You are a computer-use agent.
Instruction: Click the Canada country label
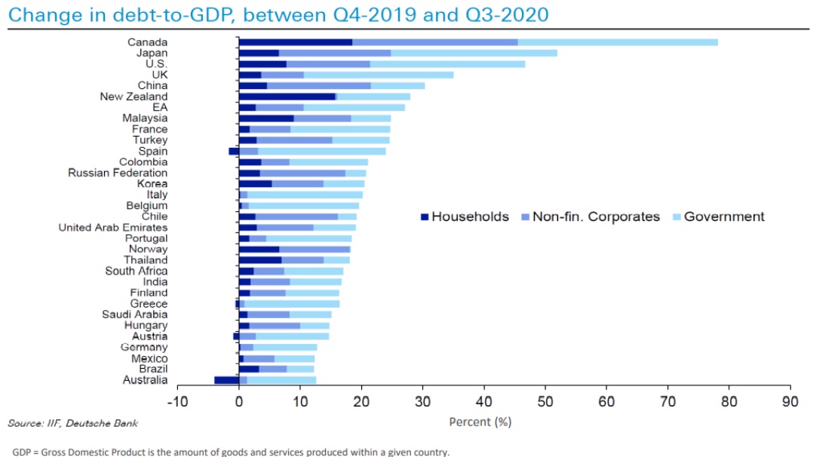click(147, 42)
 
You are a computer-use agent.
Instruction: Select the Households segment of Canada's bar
click(296, 42)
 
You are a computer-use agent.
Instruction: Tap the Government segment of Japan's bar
click(474, 53)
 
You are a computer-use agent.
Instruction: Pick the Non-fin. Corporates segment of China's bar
click(318, 86)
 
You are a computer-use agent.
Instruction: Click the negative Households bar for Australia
click(226, 380)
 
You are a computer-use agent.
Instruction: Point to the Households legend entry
click(464, 217)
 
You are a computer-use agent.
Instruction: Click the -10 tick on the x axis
click(177, 401)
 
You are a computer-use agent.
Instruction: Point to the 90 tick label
click(790, 401)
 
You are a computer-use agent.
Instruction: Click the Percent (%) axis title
click(480, 422)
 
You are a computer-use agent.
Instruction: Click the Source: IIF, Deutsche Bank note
click(72, 423)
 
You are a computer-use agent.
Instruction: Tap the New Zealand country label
click(133, 97)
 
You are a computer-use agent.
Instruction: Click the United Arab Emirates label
click(113, 227)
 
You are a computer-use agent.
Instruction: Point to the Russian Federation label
click(118, 173)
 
